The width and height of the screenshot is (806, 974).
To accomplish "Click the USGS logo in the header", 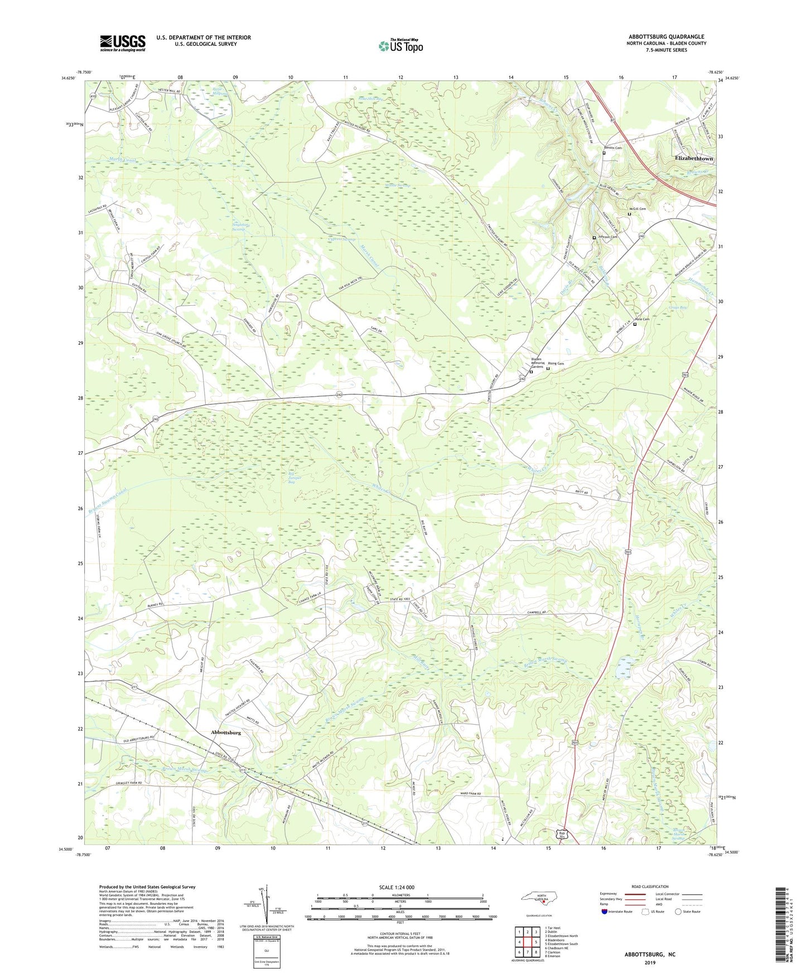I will pyautogui.click(x=122, y=43).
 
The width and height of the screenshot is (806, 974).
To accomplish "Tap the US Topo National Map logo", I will pyautogui.click(x=400, y=45).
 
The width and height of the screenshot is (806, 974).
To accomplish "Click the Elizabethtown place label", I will pyautogui.click(x=694, y=158).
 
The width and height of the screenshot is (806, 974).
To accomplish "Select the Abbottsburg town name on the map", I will pyautogui.click(x=226, y=732).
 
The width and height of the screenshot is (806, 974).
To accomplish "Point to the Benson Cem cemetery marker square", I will pyautogui.click(x=604, y=153).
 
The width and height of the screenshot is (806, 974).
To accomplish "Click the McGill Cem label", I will pyautogui.click(x=638, y=209).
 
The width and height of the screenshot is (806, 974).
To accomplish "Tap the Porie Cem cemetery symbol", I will pyautogui.click(x=635, y=324).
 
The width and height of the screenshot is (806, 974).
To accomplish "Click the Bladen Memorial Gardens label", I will pyautogui.click(x=537, y=363).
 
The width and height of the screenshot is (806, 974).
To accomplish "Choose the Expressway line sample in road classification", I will pyautogui.click(x=635, y=894).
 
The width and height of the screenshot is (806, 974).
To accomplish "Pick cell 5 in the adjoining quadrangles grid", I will pyautogui.click(x=535, y=942).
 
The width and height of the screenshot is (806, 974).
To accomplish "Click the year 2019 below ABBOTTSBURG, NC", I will pyautogui.click(x=650, y=962).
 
